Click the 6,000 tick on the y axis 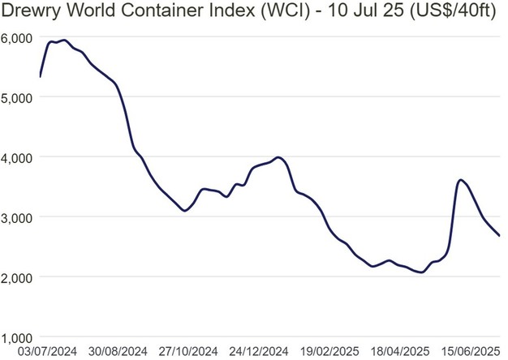(15, 37)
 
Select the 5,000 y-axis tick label (15, 97)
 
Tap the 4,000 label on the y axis (15, 157)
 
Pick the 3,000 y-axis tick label (15, 217)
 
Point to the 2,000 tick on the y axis (15, 277)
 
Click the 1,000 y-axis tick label (15, 336)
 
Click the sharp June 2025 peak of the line (461, 180)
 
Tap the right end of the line (499, 235)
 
